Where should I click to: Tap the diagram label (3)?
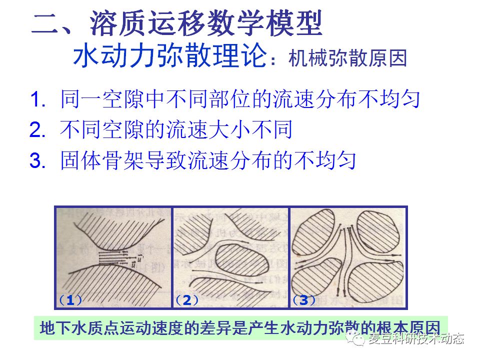[304, 300]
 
